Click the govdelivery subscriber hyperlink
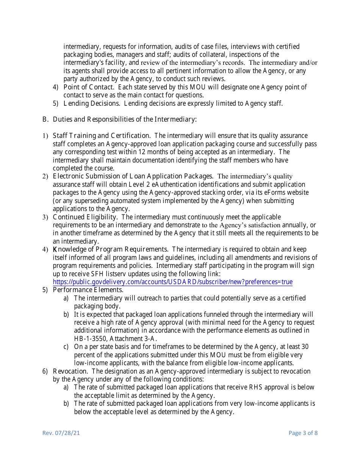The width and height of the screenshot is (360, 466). pos(172,282)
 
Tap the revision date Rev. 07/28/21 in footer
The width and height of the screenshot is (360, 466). pos(61,433)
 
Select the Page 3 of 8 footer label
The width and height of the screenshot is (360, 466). pos(303,433)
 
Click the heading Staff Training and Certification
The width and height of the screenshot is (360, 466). pos(101,136)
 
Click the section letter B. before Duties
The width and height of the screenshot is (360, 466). pos(45,119)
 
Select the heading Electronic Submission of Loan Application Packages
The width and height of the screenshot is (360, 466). pos(133,176)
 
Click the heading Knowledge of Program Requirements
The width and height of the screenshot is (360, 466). pos(110,249)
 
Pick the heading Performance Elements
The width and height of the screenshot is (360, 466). pos(88,290)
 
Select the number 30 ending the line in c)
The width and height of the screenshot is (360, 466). pos(305,347)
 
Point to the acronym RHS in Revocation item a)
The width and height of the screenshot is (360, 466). pos(253,387)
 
